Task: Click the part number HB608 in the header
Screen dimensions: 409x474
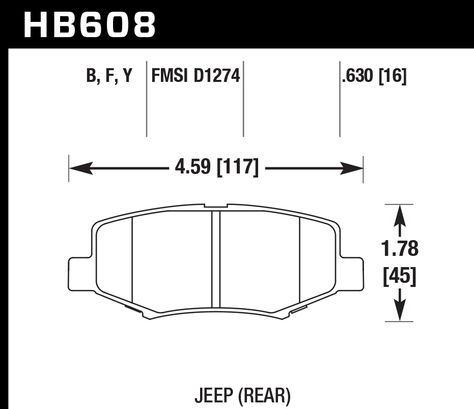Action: click(90, 25)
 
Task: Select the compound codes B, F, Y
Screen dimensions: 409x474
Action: click(109, 76)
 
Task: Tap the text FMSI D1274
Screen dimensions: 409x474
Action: click(195, 76)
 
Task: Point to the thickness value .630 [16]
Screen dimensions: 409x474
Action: click(374, 76)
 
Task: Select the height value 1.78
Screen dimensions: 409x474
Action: click(400, 249)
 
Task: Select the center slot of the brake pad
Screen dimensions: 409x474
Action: click(216, 259)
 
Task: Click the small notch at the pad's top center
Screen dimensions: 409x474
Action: click(216, 206)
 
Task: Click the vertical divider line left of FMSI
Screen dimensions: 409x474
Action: click(147, 99)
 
